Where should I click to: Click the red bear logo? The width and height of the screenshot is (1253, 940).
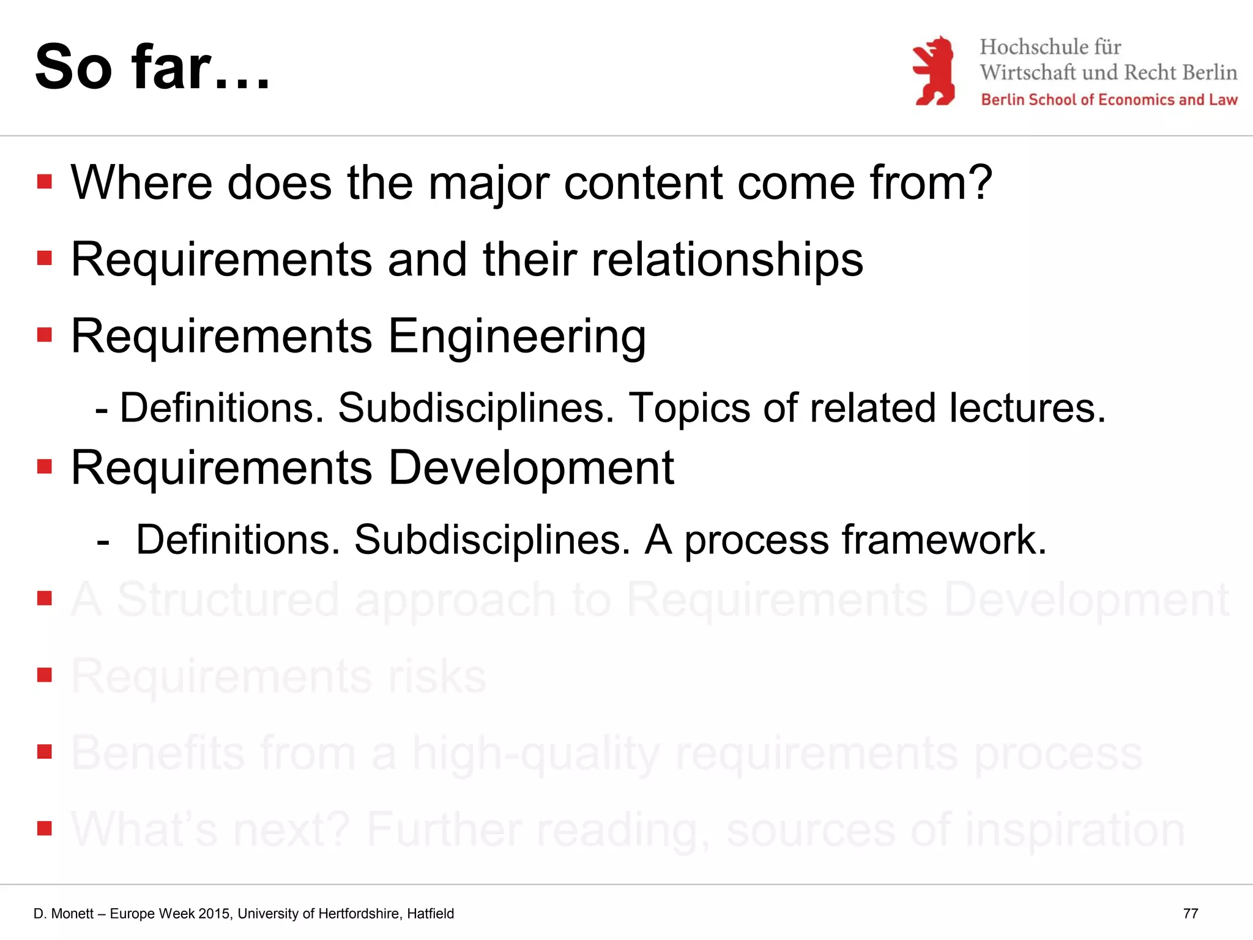tap(934, 71)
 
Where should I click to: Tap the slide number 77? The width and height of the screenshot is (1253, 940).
tap(1190, 914)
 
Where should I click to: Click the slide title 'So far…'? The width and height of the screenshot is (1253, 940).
tap(152, 67)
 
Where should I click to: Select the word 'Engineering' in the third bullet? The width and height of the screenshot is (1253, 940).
tap(517, 337)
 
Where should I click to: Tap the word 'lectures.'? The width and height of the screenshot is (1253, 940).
tap(1028, 408)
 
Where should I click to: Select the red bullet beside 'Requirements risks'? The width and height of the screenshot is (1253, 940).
tap(44, 675)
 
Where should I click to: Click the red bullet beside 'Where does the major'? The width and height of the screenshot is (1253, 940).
tap(44, 182)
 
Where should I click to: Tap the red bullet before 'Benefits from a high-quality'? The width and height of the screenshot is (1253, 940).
tap(44, 752)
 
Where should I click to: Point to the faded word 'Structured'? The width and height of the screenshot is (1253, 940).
tap(228, 600)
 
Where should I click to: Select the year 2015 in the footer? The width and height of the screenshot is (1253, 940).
tap(214, 914)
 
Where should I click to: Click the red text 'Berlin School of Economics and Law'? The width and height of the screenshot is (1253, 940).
tap(1109, 100)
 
